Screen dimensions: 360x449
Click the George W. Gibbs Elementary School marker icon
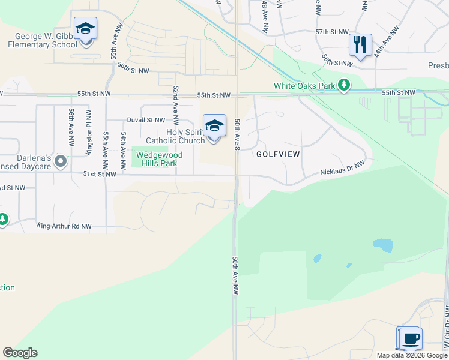tap(85, 29)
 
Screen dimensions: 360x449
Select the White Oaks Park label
tap(304, 86)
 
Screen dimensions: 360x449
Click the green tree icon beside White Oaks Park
tap(344, 86)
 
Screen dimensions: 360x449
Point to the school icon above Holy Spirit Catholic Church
tap(214, 127)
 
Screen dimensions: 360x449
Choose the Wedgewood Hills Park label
tap(159, 158)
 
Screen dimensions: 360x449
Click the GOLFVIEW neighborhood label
tap(278, 154)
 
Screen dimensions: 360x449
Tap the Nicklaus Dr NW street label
tap(342, 169)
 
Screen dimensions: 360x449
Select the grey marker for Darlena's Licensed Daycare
tap(60, 161)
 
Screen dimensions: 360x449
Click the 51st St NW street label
tap(98, 174)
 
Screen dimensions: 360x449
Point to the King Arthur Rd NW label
tap(65, 226)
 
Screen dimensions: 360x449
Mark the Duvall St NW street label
tap(145, 120)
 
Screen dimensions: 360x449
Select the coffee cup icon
tap(411, 338)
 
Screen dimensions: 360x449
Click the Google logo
tap(20, 353)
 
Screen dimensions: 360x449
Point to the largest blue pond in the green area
tap(382, 245)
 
